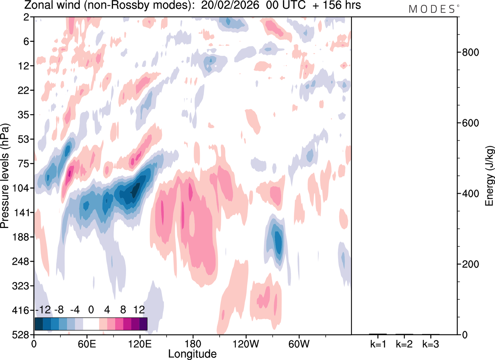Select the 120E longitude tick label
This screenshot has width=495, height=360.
click(x=140, y=343)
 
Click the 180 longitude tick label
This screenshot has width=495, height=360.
click(x=193, y=343)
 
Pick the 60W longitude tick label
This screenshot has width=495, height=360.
click(x=299, y=343)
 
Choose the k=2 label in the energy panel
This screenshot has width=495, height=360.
click(x=405, y=343)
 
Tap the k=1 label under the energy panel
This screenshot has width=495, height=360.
click(x=378, y=343)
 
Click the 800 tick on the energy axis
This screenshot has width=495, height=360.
click(x=470, y=53)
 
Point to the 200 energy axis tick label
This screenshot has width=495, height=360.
click(x=470, y=264)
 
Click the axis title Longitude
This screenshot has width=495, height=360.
click(x=192, y=353)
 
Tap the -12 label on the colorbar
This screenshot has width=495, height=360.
click(x=43, y=310)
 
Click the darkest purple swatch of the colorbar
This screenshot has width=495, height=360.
click(x=143, y=324)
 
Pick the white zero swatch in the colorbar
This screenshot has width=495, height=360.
click(x=91, y=324)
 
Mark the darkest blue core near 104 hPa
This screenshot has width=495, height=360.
click(x=135, y=190)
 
